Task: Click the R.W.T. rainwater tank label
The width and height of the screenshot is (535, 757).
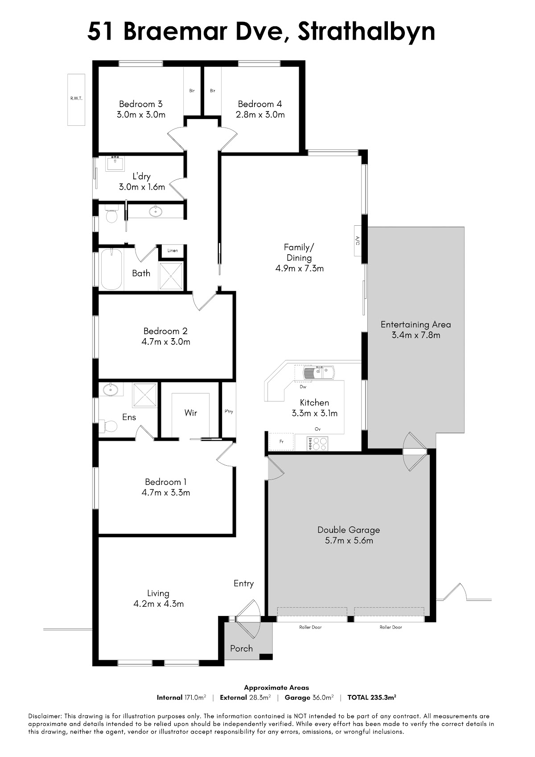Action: (x=76, y=99)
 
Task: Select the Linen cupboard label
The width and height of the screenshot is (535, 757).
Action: (x=173, y=250)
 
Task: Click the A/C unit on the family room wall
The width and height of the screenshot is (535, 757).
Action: (x=358, y=240)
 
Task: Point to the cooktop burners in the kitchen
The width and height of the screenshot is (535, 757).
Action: (x=317, y=444)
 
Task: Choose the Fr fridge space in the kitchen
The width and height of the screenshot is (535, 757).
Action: (x=282, y=442)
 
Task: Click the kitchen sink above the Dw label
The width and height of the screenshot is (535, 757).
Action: (x=319, y=372)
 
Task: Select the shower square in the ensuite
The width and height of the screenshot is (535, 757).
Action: (x=145, y=395)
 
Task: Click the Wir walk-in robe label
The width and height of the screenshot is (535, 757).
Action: (x=190, y=413)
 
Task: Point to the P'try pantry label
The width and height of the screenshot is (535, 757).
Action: (x=229, y=412)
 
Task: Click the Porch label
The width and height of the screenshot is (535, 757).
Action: (x=242, y=649)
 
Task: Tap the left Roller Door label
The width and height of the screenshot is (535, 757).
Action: (x=310, y=627)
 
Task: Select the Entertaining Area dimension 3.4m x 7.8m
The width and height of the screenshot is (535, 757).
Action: (x=416, y=335)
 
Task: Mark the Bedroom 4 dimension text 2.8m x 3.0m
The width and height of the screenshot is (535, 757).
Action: (x=260, y=115)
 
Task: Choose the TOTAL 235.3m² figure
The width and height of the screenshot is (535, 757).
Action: (x=371, y=697)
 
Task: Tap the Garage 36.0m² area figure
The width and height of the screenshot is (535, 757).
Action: (x=309, y=697)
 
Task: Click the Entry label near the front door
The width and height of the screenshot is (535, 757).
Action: (x=243, y=583)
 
